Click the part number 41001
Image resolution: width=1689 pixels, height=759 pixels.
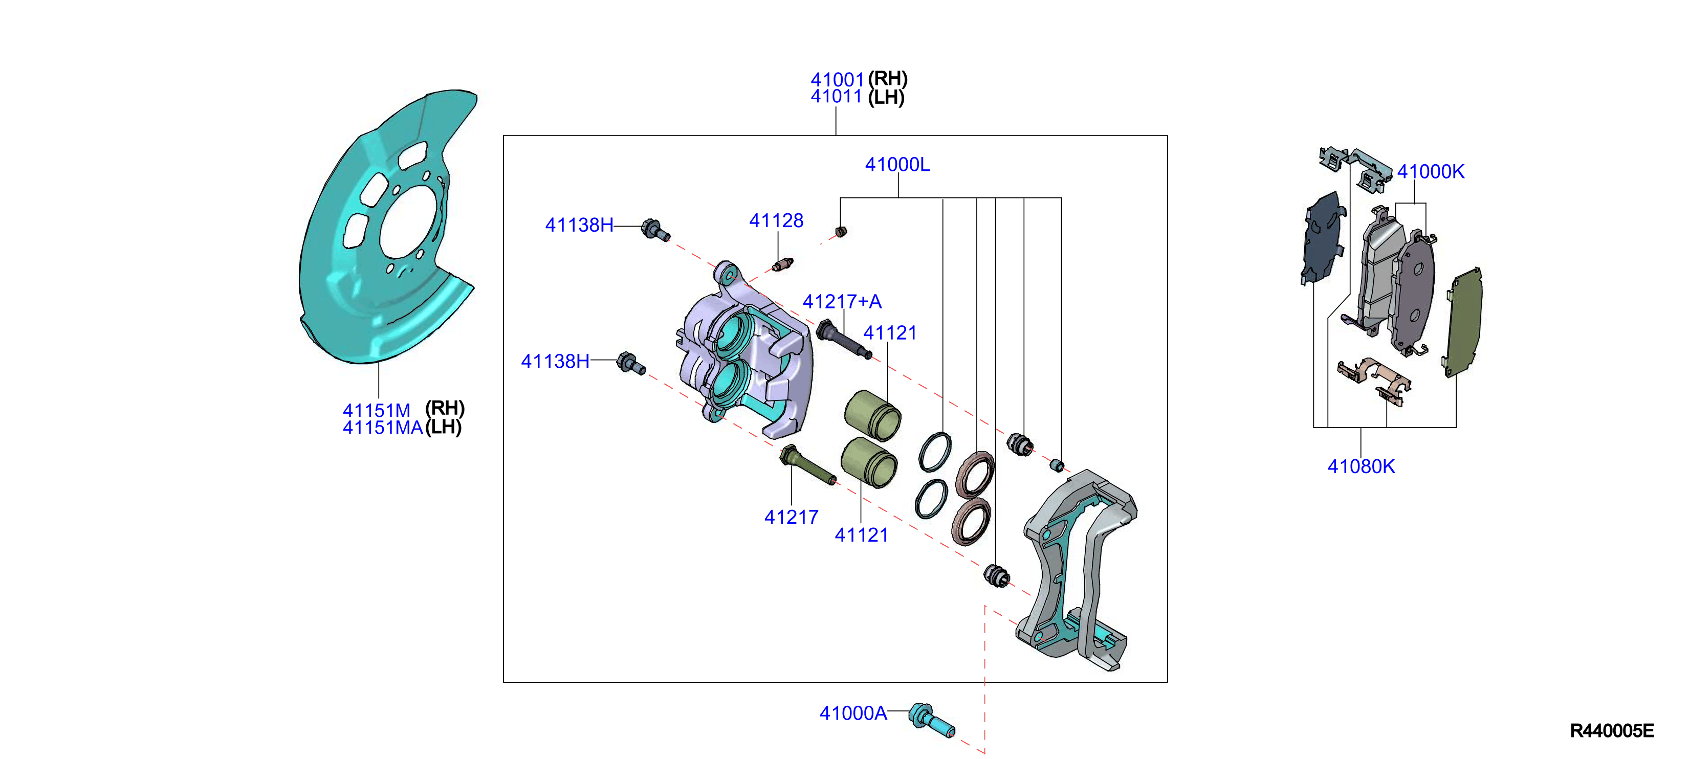click(837, 79)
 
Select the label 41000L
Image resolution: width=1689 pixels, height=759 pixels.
click(897, 165)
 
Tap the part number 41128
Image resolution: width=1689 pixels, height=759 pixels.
click(776, 221)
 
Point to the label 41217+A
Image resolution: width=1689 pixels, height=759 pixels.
click(842, 301)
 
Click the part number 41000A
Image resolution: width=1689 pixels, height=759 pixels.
click(853, 713)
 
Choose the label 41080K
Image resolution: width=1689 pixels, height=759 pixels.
click(1361, 466)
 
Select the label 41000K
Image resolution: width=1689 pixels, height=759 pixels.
click(1431, 172)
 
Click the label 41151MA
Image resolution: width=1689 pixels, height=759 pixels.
click(383, 428)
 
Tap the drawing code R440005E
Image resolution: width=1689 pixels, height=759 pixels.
click(1612, 731)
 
